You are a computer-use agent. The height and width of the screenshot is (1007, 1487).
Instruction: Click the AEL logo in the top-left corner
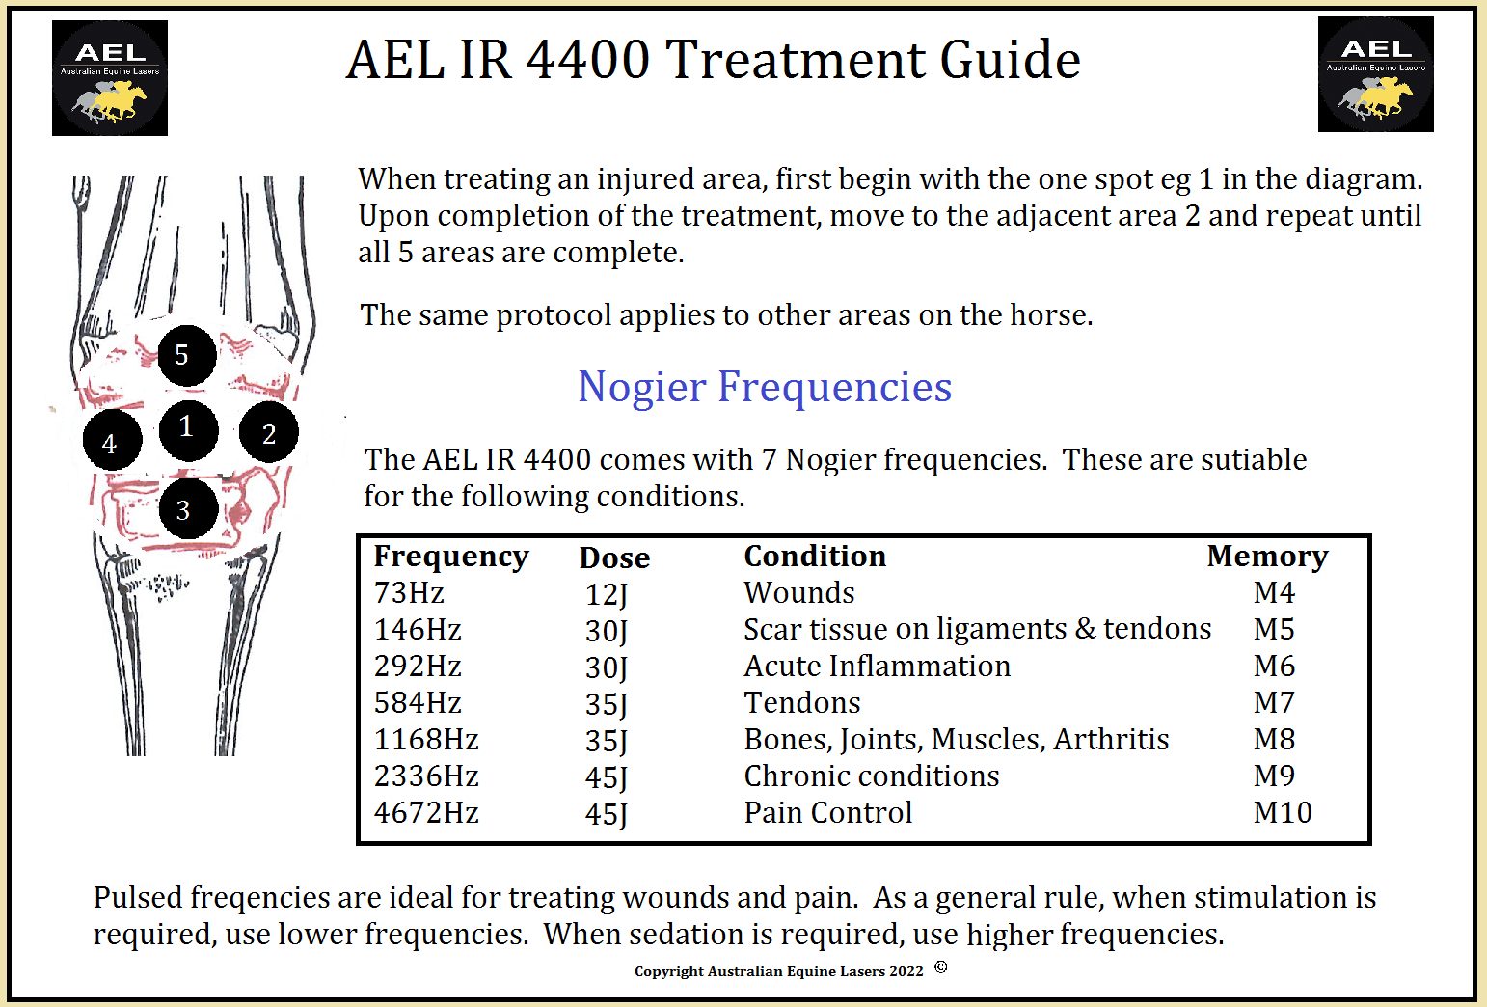(x=110, y=78)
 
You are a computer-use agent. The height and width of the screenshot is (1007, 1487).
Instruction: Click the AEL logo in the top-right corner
(x=1375, y=74)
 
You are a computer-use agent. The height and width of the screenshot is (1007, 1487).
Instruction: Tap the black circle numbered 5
(x=187, y=356)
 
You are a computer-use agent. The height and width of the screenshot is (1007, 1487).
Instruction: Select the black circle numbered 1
(x=189, y=430)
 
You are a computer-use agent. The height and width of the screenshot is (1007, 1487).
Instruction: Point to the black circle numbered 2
(x=268, y=432)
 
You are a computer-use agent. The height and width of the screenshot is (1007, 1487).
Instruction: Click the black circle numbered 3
(x=189, y=509)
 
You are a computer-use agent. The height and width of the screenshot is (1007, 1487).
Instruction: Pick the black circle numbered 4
(x=112, y=440)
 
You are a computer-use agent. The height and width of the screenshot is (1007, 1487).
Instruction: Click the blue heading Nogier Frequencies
(x=765, y=387)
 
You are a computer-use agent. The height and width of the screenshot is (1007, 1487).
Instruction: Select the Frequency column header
(x=451, y=557)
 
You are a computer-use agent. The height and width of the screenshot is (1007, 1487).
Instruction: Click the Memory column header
(x=1267, y=557)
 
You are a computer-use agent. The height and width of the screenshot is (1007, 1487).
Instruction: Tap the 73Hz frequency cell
(x=409, y=593)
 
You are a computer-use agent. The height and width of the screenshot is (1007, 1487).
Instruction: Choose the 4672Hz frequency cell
(x=426, y=812)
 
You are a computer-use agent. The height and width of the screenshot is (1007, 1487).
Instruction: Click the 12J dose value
(x=607, y=595)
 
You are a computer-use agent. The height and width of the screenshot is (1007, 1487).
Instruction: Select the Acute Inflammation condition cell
(x=877, y=666)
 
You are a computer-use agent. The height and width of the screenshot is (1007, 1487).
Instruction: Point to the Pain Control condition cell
(x=827, y=812)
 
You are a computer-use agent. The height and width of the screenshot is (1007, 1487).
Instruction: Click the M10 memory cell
(x=1283, y=812)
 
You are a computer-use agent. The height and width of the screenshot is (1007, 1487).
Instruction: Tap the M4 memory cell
(x=1274, y=593)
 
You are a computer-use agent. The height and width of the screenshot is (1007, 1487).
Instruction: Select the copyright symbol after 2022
(x=940, y=966)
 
